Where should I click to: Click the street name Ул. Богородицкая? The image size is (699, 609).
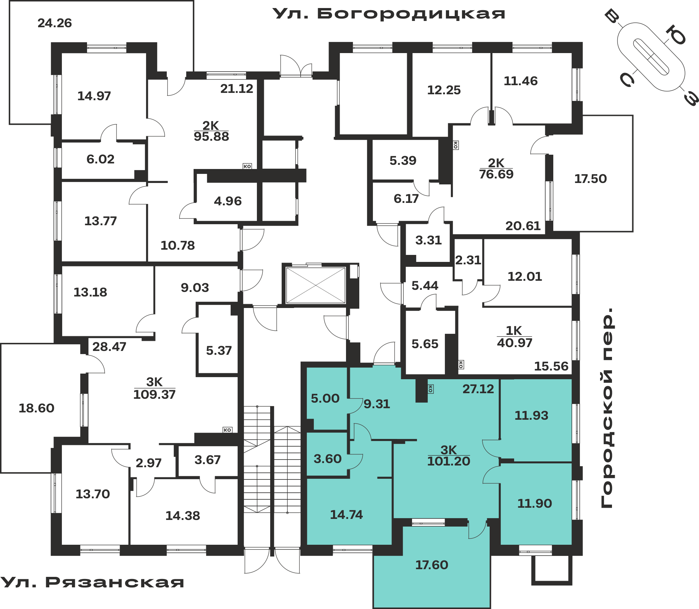click(389, 14)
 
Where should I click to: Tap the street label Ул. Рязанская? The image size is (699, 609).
click(92, 582)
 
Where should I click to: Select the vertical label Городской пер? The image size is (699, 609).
click(607, 408)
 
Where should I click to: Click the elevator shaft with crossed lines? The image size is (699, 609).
click(316, 285)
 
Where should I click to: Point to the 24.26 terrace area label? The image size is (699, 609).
click(55, 23)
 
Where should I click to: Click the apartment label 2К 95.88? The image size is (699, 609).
click(211, 131)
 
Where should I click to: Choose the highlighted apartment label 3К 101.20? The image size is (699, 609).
click(448, 456)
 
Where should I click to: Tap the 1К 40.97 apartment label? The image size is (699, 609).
click(514, 337)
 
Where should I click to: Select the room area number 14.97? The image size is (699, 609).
click(94, 96)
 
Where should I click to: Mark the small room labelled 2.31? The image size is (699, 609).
click(468, 260)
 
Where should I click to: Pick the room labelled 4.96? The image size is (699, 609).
click(228, 201)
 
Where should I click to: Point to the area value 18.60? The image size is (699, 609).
click(36, 408)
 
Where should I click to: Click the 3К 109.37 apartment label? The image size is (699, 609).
click(154, 388)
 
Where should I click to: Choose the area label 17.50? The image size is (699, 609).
click(591, 179)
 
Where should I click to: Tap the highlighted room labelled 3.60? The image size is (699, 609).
click(327, 454)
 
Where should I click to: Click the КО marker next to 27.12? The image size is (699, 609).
click(431, 389)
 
